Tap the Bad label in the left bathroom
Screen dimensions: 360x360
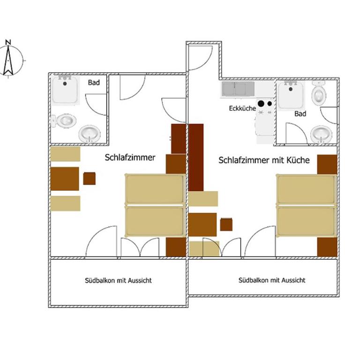(x=94, y=82)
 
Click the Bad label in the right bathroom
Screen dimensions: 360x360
(x=300, y=113)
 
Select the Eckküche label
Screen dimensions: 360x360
(x=242, y=108)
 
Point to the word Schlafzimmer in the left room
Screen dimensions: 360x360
(x=130, y=157)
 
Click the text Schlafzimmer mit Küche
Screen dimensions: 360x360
(x=264, y=160)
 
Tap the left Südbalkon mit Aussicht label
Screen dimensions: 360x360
(x=118, y=281)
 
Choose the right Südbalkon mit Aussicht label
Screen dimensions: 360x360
(x=272, y=280)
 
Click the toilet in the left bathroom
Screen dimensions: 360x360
(x=64, y=120)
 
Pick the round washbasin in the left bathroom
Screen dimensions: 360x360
(x=90, y=134)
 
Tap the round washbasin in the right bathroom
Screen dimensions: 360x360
(x=321, y=134)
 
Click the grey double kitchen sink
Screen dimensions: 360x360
(x=238, y=89)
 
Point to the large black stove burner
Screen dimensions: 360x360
(x=261, y=104)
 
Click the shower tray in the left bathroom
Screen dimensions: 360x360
(x=65, y=90)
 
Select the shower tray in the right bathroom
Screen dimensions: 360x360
(x=291, y=95)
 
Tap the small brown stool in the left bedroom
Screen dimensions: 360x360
(x=90, y=179)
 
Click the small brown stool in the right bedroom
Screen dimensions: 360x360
(x=226, y=225)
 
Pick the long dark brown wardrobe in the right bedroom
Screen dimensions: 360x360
(x=196, y=157)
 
